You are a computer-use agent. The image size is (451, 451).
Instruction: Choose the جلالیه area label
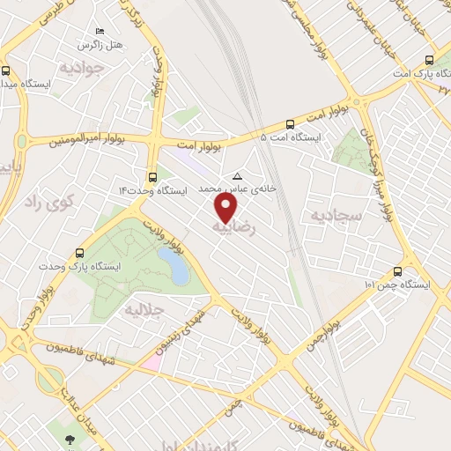[144, 309]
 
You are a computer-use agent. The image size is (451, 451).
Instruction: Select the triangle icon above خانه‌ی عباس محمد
[235, 175]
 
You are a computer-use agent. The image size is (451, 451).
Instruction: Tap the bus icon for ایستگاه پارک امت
[429, 60]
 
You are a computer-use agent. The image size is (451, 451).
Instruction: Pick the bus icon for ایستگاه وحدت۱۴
[153, 175]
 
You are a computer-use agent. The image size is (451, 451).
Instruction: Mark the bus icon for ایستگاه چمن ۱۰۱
[398, 271]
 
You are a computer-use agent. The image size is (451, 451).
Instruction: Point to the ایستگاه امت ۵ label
[292, 138]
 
